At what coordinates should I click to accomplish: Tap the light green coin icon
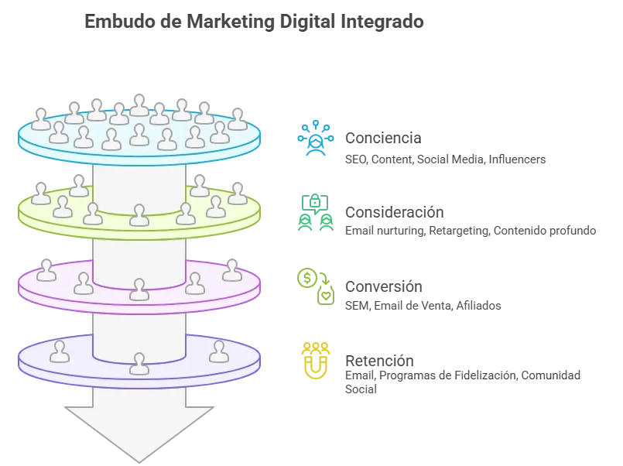(316, 284)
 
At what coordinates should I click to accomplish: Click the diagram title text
(254, 22)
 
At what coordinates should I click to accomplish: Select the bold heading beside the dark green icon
(393, 211)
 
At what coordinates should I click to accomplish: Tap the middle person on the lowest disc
(139, 363)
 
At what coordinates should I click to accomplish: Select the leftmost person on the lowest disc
(60, 351)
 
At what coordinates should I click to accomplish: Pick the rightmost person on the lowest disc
(219, 351)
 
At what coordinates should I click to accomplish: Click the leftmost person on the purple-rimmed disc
(46, 270)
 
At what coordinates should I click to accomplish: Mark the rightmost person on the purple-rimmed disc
(232, 270)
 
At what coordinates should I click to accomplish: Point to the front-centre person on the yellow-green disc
(139, 215)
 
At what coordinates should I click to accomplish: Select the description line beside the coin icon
(420, 305)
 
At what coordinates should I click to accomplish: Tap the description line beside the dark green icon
(470, 230)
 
